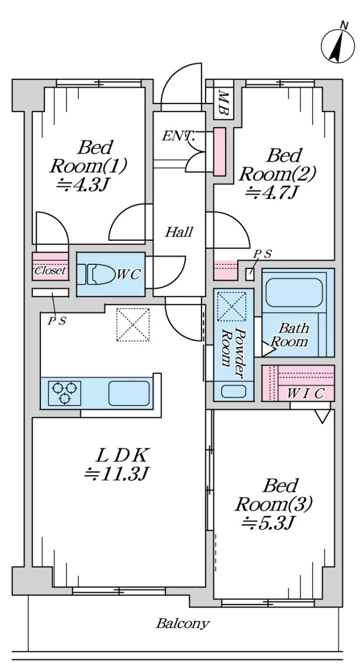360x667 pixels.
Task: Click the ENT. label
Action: pos(178,137)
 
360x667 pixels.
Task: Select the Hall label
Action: pos(178,232)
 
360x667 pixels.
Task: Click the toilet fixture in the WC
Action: pos(96,274)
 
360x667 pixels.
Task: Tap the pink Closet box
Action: pos(50,271)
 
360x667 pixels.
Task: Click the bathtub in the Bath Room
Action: pos(295,292)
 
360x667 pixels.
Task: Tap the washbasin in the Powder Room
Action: pos(233,391)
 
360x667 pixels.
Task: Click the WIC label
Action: pos(306,392)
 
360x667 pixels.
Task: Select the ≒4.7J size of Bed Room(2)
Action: pos(273,192)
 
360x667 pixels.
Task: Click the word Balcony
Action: pos(182,623)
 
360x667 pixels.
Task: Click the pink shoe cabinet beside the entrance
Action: pos(219,151)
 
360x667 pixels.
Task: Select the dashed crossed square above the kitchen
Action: pos(133,324)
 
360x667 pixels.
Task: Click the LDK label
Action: pos(123,454)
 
